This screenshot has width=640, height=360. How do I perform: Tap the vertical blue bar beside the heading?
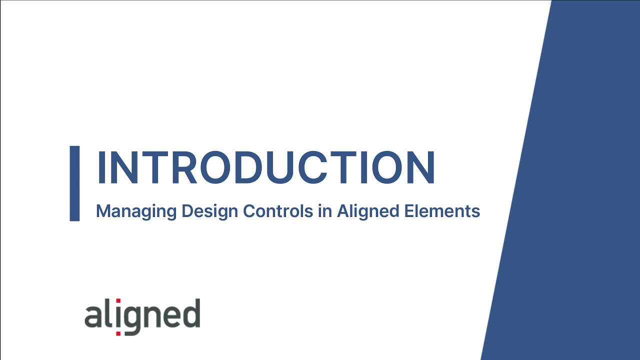coord(74,183)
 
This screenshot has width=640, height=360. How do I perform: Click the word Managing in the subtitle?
coord(136,211)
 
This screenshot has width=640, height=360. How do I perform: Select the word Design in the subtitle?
coord(209,211)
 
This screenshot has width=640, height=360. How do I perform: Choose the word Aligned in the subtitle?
coord(367,211)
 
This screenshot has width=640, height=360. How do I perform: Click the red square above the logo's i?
coord(118,302)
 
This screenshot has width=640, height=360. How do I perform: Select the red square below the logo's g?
coord(118,333)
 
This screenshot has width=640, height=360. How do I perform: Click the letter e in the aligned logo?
coord(170,316)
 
